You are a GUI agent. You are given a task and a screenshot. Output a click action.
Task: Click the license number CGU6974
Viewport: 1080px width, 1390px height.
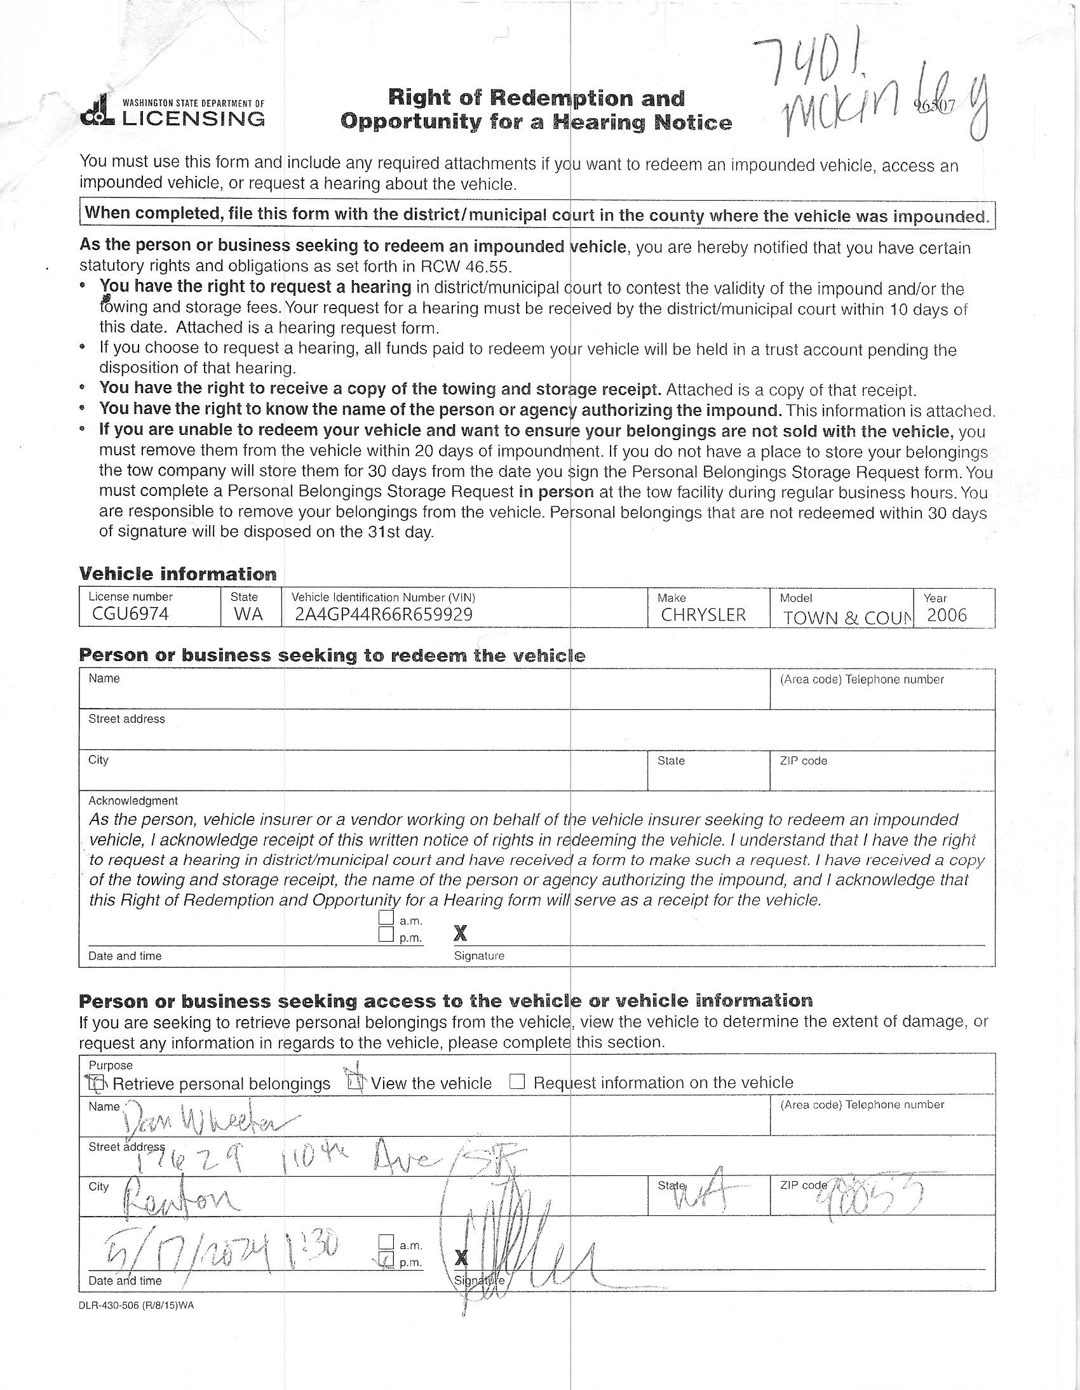[130, 613]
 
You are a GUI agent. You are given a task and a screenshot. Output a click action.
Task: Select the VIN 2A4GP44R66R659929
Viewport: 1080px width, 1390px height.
[383, 614]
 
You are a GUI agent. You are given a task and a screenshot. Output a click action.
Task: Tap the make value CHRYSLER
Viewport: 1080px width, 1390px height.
[703, 615]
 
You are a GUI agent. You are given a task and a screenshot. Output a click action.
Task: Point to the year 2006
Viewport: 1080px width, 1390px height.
[947, 615]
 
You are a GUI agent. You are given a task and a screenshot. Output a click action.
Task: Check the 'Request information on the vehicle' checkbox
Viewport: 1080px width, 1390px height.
[518, 1082]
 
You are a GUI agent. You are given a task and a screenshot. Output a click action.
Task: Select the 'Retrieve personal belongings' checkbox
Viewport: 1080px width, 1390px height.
[95, 1082]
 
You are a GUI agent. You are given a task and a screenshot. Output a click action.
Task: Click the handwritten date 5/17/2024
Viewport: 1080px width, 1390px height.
[191, 1250]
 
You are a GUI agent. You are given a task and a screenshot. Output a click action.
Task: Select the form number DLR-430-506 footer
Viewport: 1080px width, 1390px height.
[137, 1306]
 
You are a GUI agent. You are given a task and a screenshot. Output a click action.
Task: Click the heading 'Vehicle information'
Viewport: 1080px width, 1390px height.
[178, 573]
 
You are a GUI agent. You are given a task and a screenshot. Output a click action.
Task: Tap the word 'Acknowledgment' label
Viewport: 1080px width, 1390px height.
[133, 801]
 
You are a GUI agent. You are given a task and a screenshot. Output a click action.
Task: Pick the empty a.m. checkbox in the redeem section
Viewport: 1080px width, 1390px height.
[386, 918]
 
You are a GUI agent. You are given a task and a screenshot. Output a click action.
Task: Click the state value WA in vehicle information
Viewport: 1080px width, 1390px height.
[248, 614]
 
